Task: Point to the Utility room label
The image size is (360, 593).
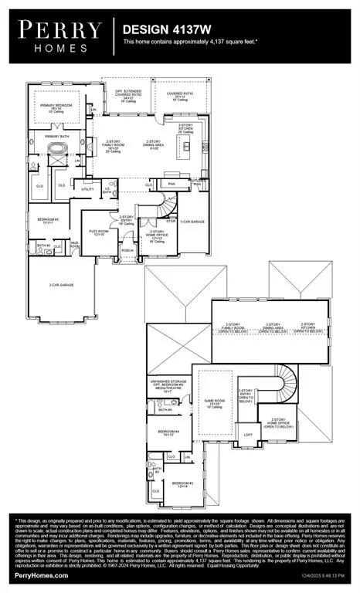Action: tap(88, 188)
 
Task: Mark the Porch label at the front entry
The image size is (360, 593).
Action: tap(127, 250)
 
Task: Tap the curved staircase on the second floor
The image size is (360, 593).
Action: tap(287, 381)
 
